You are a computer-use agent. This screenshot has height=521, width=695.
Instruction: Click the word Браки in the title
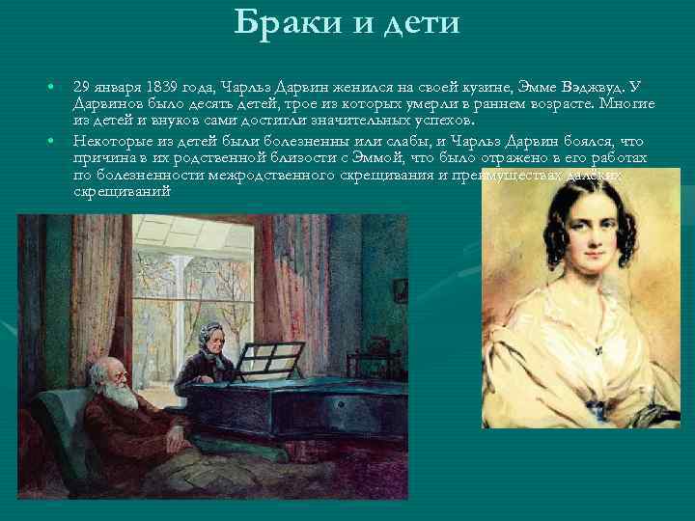click(x=281, y=21)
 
